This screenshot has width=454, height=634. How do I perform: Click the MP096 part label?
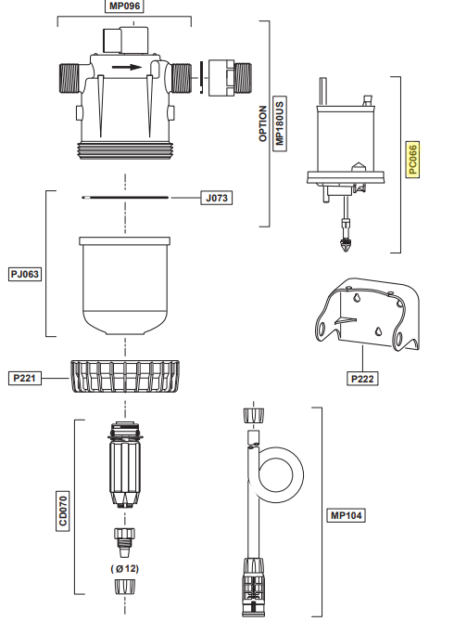click(x=124, y=6)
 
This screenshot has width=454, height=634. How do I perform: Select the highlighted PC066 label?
click(x=412, y=160)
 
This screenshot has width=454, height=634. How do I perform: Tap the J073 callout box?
click(x=217, y=198)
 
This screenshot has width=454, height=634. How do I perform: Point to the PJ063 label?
click(x=25, y=274)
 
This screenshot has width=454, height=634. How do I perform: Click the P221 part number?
click(x=25, y=378)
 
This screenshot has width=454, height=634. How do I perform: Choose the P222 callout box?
click(x=362, y=379)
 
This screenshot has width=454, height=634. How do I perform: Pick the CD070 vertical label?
click(x=63, y=511)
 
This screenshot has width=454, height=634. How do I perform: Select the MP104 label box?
click(x=347, y=515)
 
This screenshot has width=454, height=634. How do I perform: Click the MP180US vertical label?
click(x=279, y=123)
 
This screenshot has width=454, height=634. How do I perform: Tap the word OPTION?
click(x=263, y=123)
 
